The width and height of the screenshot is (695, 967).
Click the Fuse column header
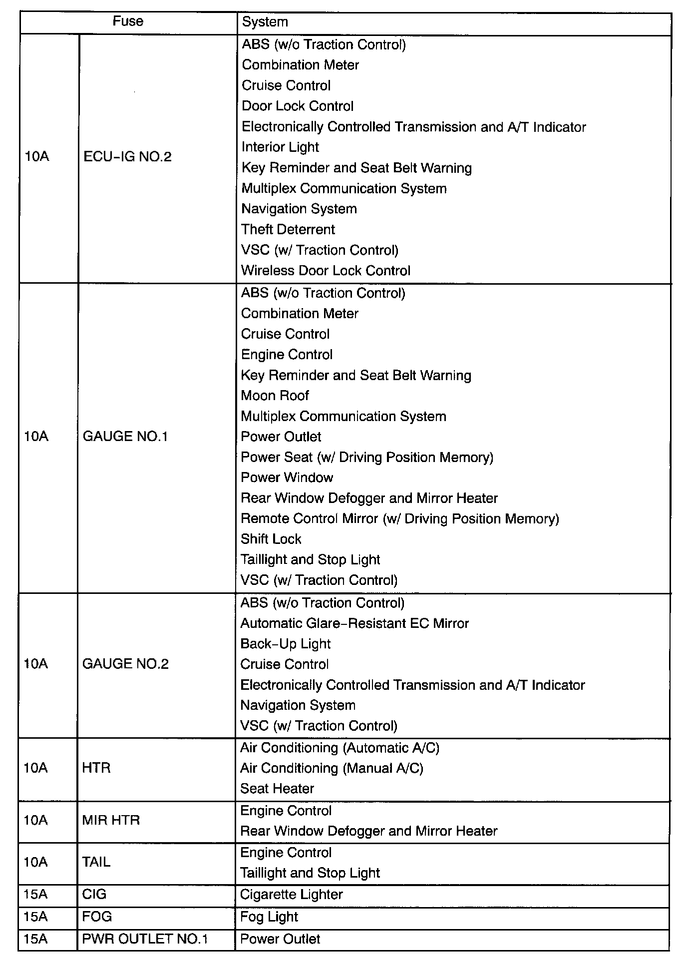click(128, 21)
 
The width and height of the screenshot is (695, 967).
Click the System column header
click(265, 22)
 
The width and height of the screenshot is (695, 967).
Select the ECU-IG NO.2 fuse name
click(127, 157)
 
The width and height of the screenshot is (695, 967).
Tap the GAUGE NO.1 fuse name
click(125, 437)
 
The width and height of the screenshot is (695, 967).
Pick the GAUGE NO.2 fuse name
click(125, 664)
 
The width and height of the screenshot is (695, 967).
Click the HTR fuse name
click(96, 768)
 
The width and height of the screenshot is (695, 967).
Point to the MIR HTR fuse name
click(111, 820)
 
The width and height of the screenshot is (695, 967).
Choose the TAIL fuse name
click(96, 862)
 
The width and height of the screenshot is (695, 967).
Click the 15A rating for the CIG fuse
click(35, 894)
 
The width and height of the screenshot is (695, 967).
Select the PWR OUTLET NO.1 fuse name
click(145, 939)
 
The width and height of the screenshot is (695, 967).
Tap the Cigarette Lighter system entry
click(292, 895)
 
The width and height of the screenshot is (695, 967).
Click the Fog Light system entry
click(269, 917)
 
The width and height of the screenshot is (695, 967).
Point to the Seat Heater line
click(277, 789)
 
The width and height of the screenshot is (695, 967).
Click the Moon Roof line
click(275, 396)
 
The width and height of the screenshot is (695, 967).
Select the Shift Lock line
click(271, 539)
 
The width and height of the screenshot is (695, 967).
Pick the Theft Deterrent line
click(288, 229)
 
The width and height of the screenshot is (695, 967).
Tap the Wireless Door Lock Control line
click(326, 271)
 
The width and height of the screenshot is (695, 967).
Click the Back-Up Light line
click(286, 644)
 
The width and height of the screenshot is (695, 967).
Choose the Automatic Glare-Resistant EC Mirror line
click(354, 623)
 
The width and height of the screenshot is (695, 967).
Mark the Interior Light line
click(280, 147)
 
